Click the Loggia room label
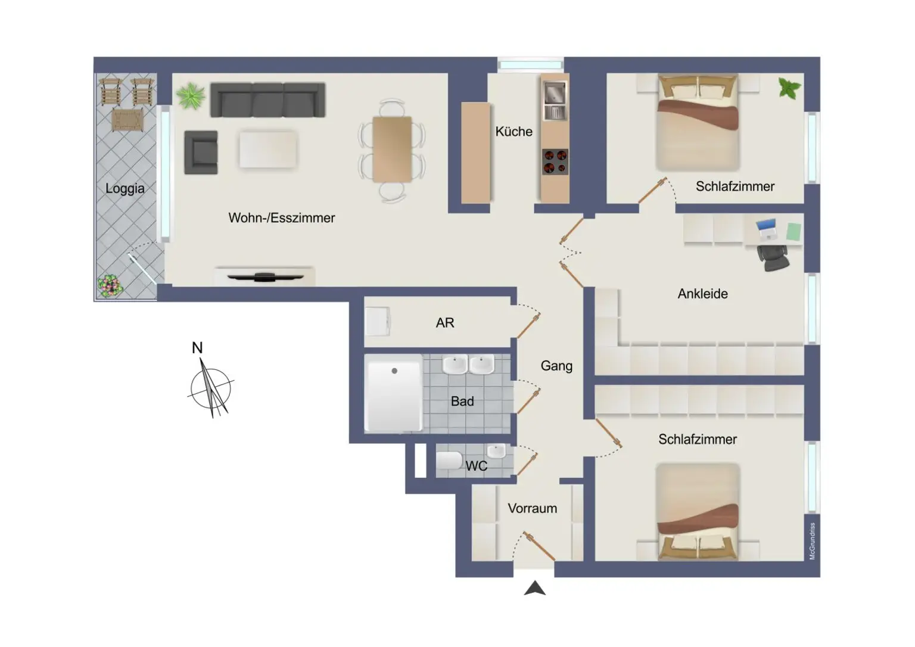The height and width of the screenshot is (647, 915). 125,188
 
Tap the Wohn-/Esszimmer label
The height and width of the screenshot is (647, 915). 281,218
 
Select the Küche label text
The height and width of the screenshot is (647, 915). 513,132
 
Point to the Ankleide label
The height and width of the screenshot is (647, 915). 702,294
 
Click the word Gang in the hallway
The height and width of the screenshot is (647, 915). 556,366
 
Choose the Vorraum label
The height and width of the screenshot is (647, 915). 532,508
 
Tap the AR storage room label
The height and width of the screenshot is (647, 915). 444,323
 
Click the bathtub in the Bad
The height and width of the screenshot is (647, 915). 394,393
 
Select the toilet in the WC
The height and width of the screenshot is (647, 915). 449,461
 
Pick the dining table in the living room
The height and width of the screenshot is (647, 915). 392,149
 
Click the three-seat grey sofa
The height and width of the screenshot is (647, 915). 267,99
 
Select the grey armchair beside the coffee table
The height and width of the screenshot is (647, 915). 201,153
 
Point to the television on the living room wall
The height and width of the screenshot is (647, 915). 264,276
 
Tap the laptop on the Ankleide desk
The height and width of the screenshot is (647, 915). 766,229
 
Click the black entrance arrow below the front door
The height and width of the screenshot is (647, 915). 534,588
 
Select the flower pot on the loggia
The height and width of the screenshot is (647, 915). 110,286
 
